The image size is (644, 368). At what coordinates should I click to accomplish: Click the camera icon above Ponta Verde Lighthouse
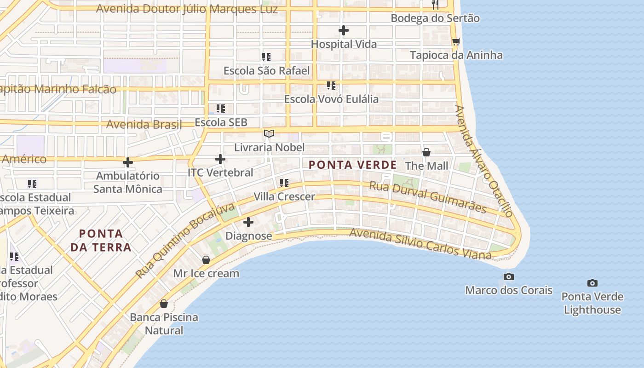point(592,283)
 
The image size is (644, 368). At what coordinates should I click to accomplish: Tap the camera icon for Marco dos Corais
point(508,276)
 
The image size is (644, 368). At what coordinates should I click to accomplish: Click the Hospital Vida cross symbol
point(344,31)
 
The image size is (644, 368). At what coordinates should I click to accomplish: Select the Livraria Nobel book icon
point(269,134)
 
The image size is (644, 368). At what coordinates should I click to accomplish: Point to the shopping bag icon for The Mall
point(426,152)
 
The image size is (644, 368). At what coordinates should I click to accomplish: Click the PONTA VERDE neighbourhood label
point(352,165)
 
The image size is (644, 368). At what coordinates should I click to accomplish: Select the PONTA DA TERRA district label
point(101,240)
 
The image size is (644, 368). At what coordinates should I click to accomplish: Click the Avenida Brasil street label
point(144,124)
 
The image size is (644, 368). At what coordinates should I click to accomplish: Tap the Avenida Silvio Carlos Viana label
point(420,243)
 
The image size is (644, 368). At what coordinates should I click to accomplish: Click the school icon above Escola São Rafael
point(266,57)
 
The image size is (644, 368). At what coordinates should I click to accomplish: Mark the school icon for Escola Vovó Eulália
point(331,86)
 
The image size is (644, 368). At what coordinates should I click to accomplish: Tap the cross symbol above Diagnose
point(248,223)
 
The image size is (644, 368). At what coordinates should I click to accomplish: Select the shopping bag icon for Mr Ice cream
point(206,260)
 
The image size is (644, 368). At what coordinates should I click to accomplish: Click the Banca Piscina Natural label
point(164,323)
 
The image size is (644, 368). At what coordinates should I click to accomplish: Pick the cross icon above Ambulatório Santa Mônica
point(128,162)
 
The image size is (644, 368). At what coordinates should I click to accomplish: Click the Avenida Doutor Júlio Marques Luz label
point(187,9)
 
